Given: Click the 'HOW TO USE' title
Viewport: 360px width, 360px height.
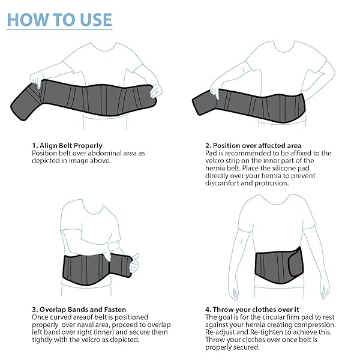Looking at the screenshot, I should click(59, 19).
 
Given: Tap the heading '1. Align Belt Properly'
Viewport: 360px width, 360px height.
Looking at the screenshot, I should click(67, 145).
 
